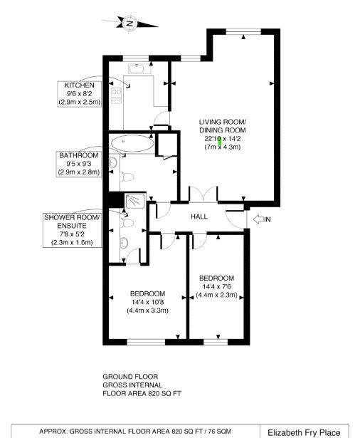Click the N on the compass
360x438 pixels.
(x=130, y=24)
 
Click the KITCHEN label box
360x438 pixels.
(x=80, y=94)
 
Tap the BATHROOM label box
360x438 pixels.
(x=79, y=164)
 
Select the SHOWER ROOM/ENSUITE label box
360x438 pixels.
(x=72, y=230)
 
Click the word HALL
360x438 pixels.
(x=199, y=217)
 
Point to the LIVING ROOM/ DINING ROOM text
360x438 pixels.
(x=223, y=126)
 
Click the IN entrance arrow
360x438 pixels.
(x=259, y=219)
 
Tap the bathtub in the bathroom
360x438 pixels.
(x=132, y=143)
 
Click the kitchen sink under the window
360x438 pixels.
(x=136, y=68)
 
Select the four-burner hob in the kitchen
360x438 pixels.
(x=117, y=95)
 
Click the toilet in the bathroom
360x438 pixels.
(x=127, y=177)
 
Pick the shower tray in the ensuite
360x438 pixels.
(x=135, y=201)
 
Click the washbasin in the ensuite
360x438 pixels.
(x=124, y=243)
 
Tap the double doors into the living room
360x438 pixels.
(x=203, y=194)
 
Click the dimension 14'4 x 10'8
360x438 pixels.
(x=147, y=302)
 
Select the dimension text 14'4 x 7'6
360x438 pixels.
(x=216, y=286)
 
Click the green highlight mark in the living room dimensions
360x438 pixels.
(x=220, y=141)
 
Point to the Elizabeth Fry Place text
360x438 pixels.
(x=304, y=433)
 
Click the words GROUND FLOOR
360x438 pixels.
(x=130, y=377)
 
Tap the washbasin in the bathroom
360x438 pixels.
(x=112, y=162)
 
